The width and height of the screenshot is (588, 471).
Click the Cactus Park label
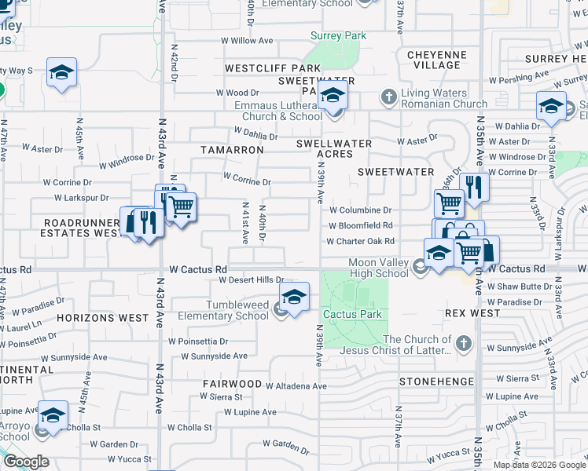[352, 314]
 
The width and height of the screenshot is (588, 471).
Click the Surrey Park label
[338, 35]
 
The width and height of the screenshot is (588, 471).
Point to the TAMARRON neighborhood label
[232, 149]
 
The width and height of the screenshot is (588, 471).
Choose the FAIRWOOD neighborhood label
[232, 384]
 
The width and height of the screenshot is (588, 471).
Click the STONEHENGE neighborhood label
[436, 382]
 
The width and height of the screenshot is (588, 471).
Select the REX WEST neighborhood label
[472, 312]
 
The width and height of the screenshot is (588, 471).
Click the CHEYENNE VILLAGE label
[437, 60]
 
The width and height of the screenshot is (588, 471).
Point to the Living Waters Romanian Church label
[444, 98]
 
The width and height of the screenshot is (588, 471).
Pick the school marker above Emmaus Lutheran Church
[333, 96]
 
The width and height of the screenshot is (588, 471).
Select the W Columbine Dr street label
[360, 210]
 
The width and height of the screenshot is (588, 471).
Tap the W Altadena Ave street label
[296, 385]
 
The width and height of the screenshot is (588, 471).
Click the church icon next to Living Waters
[388, 97]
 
